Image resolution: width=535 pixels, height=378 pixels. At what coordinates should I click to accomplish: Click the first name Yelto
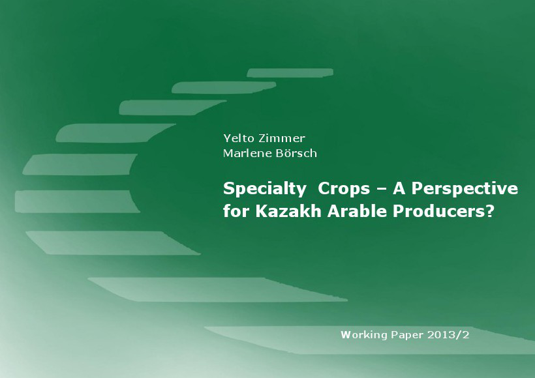coord(239,138)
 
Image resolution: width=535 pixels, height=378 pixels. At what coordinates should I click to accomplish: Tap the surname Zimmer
coord(282,138)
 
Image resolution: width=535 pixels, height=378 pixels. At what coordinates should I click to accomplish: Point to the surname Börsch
coord(296,153)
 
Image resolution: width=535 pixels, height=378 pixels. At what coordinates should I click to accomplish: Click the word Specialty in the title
coord(265,189)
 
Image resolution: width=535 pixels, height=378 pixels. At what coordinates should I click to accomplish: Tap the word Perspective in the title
coord(465,189)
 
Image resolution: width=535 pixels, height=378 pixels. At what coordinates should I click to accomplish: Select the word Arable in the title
coord(358,211)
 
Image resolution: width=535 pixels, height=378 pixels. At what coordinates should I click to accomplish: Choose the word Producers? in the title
coord(444,211)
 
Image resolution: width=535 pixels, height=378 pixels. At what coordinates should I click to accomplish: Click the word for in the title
coord(237,211)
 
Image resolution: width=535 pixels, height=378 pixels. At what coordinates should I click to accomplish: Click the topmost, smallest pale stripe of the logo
coord(290,73)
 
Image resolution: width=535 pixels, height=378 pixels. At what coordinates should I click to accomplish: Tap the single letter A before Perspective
coord(399,189)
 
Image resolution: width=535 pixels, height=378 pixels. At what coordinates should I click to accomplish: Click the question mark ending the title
coord(490,211)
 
